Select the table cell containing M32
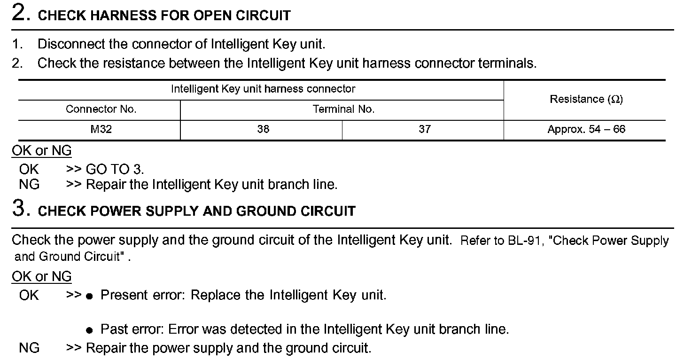pos(101,129)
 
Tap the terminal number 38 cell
pos(263,129)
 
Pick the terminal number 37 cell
pos(424,129)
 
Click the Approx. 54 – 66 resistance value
pos(586,129)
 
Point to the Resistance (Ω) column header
pos(586,99)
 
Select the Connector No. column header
pos(101,110)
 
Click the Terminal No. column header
pos(343,110)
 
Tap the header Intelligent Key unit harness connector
pos(263,89)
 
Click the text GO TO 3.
pos(115,169)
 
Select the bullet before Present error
pos(89,297)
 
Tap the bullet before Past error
pos(89,330)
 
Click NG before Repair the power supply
pos(29,348)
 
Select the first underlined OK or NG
pos(41,151)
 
